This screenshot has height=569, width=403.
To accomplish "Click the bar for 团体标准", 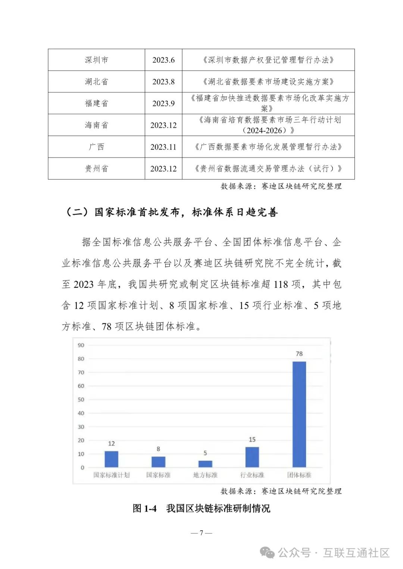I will (x=299, y=414).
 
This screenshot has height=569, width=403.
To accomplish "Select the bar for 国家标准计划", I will (x=111, y=459).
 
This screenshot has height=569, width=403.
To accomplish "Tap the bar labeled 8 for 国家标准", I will (x=158, y=462).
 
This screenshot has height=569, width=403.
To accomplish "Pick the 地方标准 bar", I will (x=205, y=464).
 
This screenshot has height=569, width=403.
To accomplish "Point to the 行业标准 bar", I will (x=252, y=457).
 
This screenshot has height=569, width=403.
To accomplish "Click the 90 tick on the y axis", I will (x=81, y=345).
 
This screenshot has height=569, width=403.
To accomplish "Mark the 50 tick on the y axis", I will (x=81, y=400).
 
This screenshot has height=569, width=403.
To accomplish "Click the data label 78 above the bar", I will (x=299, y=353).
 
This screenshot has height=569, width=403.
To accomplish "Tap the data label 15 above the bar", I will (x=252, y=440).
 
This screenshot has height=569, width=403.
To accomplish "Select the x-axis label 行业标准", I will (x=252, y=475).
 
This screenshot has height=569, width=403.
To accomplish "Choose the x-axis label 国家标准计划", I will (x=111, y=475).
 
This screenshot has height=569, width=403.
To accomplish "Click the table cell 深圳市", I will (x=96, y=60).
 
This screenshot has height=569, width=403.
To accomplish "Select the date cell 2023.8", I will (x=163, y=82).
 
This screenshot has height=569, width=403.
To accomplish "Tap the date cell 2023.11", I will (x=163, y=147).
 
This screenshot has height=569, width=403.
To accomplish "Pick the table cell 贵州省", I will (x=96, y=169).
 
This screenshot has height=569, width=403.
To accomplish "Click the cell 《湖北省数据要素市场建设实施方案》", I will (x=268, y=82).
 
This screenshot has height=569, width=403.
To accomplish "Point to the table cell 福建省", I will (x=96, y=103).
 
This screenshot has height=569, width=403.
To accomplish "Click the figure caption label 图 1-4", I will (x=144, y=509).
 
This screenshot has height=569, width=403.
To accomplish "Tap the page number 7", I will (x=201, y=533).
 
